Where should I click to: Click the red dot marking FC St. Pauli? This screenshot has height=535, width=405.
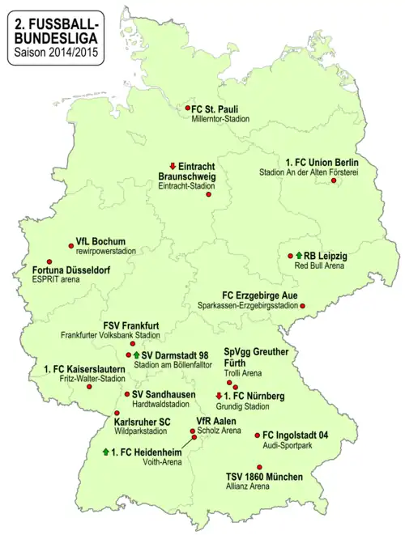[187, 108]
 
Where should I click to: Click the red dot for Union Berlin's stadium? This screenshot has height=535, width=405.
[334, 180]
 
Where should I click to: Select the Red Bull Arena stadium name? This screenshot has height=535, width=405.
[322, 265]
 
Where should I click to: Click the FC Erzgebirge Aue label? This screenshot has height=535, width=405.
[267, 295]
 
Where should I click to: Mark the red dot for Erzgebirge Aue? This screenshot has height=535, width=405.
[303, 306]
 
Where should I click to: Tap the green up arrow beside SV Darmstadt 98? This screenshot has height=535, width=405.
[137, 355]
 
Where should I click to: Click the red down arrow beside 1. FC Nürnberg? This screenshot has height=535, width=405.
[219, 396]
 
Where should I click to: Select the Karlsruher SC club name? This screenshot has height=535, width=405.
[142, 422]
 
